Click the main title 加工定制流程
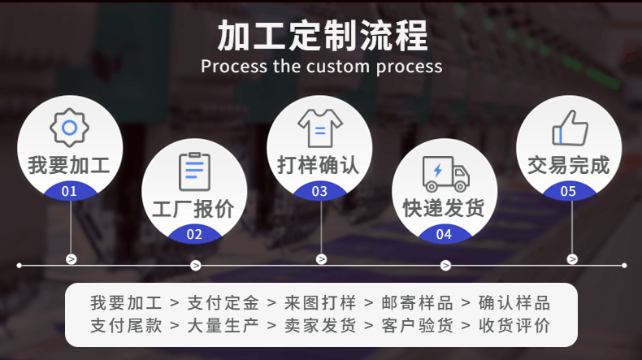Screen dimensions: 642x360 click(321, 37)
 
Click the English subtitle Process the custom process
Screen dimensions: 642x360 click(321, 66)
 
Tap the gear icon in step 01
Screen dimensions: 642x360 click(69, 127)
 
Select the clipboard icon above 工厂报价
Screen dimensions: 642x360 click(194, 171)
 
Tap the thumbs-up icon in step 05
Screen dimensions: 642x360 click(569, 128)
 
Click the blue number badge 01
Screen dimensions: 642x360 click(69, 192)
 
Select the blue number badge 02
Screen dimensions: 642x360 click(194, 235)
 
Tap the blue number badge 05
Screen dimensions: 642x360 click(569, 192)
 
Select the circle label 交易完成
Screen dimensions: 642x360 click(569, 165)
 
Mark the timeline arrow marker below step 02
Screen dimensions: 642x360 click(196, 265)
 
